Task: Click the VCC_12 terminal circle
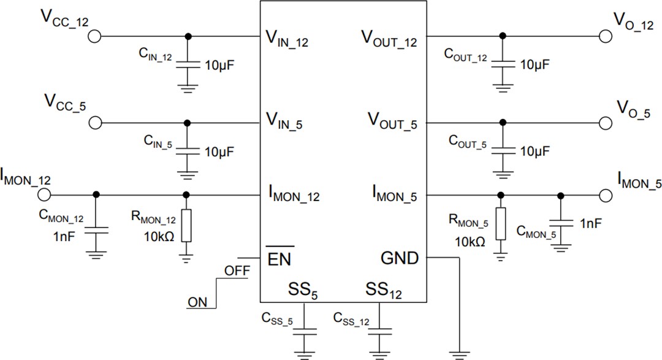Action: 94,36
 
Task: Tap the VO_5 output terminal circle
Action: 605,123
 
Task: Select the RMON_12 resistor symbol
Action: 187,226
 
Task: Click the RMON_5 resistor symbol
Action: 501,224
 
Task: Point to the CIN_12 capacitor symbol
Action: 188,64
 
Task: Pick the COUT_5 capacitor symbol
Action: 502,149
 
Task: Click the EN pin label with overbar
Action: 280,258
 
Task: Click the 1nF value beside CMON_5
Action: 590,224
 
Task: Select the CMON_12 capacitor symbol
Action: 96,230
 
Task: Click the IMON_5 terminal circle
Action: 605,196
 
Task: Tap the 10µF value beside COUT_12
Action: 535,64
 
